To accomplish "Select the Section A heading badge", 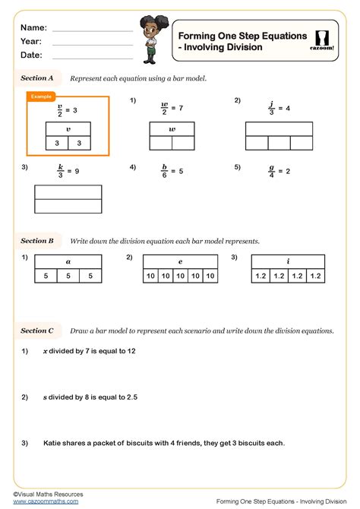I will [x=37, y=77].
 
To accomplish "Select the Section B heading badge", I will [x=37, y=241].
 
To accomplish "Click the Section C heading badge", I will [x=37, y=330].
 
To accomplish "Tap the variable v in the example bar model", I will [x=68, y=129].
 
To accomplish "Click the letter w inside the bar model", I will [x=172, y=129].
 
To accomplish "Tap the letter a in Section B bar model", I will [x=68, y=261].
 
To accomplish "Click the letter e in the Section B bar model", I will [x=180, y=261].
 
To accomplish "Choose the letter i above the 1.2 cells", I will [x=289, y=261].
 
